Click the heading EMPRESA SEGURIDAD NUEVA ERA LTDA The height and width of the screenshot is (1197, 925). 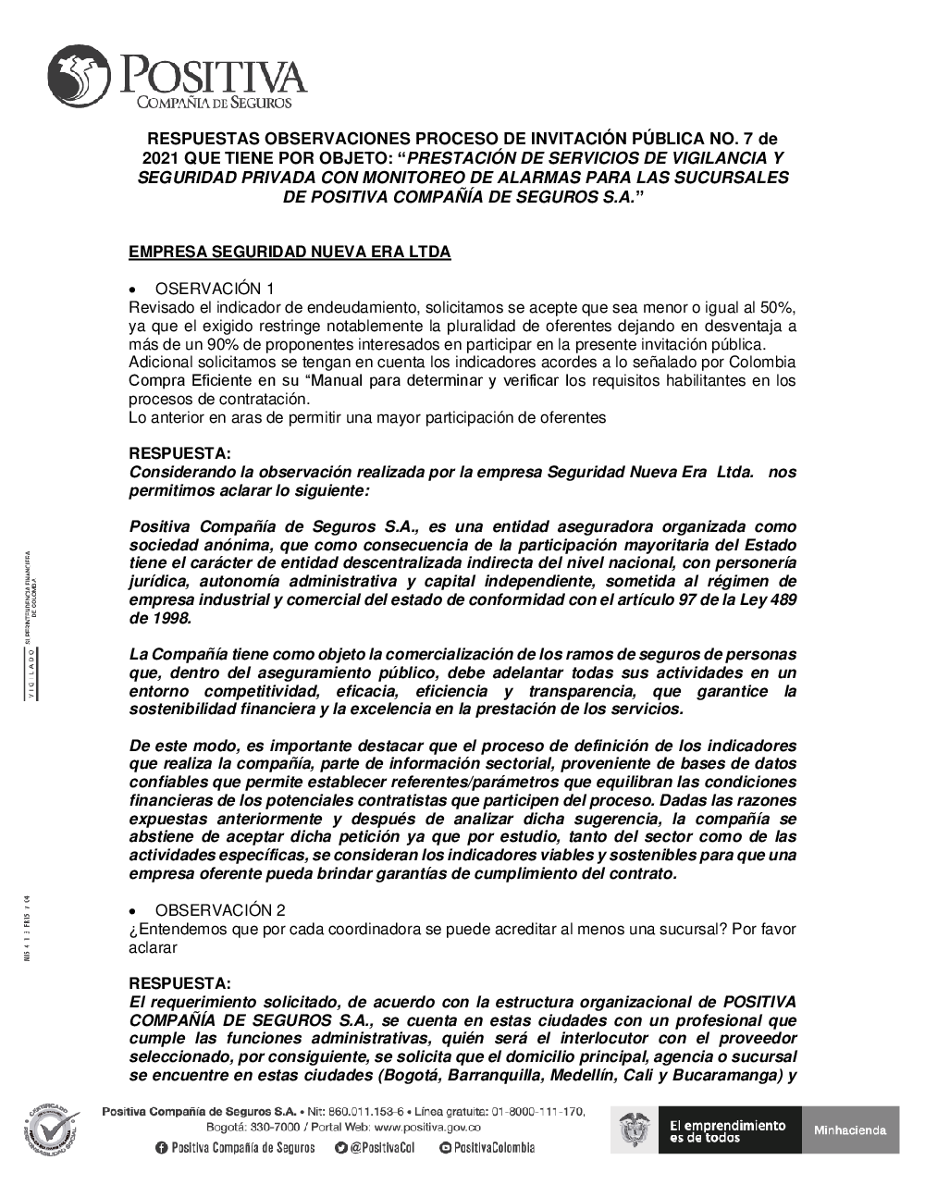point(290,252)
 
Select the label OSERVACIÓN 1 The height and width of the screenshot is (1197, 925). point(215,289)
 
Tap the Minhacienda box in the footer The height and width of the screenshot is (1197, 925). point(850,1129)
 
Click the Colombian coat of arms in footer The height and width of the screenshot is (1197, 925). point(635,1129)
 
